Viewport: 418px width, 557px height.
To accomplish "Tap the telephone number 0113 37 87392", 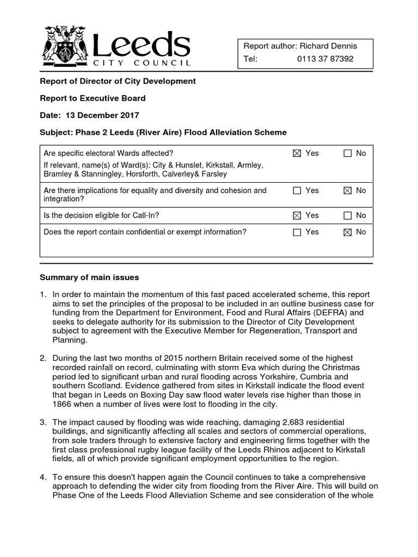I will click(x=325, y=59).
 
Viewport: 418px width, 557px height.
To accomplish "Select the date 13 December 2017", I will click(x=102, y=115).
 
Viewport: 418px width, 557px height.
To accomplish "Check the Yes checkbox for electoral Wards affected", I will click(x=297, y=153).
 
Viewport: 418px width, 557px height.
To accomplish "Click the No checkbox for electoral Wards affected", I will click(x=348, y=153).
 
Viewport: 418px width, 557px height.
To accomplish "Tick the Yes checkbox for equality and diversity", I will click(x=297, y=190).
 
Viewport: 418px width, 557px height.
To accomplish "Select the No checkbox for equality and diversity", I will click(x=348, y=190).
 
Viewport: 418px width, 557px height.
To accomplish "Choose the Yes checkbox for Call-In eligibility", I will click(x=297, y=215).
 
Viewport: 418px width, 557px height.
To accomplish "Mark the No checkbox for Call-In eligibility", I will click(x=348, y=215).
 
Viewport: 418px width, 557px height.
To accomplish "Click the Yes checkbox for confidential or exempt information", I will click(x=297, y=232).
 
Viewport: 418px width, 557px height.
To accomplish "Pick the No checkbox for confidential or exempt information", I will click(x=348, y=232).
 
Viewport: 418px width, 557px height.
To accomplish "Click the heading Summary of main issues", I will click(x=89, y=277).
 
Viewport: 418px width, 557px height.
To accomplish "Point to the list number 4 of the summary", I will click(x=43, y=477).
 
